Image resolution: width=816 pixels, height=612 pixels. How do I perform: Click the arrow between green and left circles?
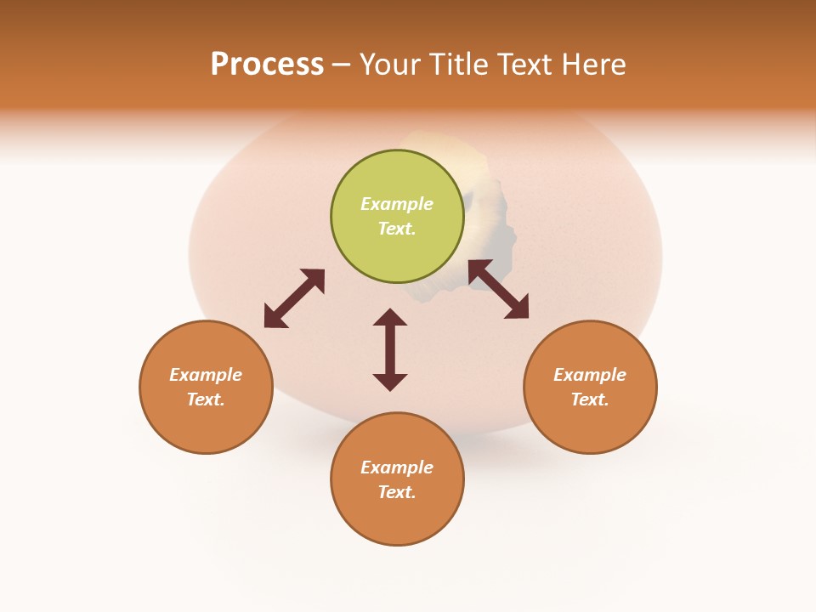pyautogui.click(x=294, y=298)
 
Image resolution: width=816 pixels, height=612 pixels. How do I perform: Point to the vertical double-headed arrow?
pyautogui.click(x=390, y=349)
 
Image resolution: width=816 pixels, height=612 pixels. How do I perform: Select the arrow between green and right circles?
pyautogui.click(x=499, y=289)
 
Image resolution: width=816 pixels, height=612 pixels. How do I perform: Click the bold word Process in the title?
pyautogui.click(x=267, y=65)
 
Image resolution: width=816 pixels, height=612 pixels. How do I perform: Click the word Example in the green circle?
pyautogui.click(x=397, y=204)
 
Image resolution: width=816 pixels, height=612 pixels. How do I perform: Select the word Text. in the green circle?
pyautogui.click(x=397, y=229)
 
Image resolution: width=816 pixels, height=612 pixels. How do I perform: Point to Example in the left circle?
pyautogui.click(x=206, y=375)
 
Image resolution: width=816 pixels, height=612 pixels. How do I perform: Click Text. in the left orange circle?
pyautogui.click(x=206, y=399)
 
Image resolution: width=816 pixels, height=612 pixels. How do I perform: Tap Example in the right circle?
pyautogui.click(x=590, y=375)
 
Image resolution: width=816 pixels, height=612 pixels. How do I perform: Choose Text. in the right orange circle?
pyautogui.click(x=590, y=399)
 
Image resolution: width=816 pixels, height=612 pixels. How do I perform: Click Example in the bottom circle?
pyautogui.click(x=397, y=467)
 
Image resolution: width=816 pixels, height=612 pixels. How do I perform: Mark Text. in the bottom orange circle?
pyautogui.click(x=397, y=492)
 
